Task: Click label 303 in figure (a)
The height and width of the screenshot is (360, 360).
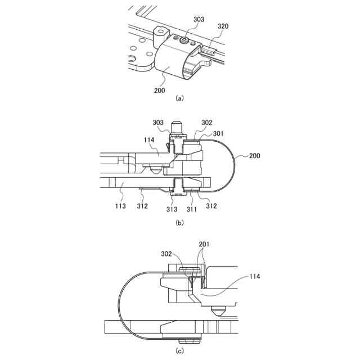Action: (199, 19)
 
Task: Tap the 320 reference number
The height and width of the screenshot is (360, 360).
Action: (223, 26)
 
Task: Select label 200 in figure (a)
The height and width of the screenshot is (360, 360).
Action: (159, 89)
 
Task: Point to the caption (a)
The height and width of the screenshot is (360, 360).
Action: (179, 98)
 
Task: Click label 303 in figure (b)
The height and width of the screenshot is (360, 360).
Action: (158, 123)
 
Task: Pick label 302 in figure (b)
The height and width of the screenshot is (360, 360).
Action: (206, 123)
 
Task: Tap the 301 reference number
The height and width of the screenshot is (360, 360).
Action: (218, 133)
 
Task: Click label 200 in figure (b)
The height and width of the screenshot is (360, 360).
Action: (254, 155)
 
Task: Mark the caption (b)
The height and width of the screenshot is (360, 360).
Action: (179, 223)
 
